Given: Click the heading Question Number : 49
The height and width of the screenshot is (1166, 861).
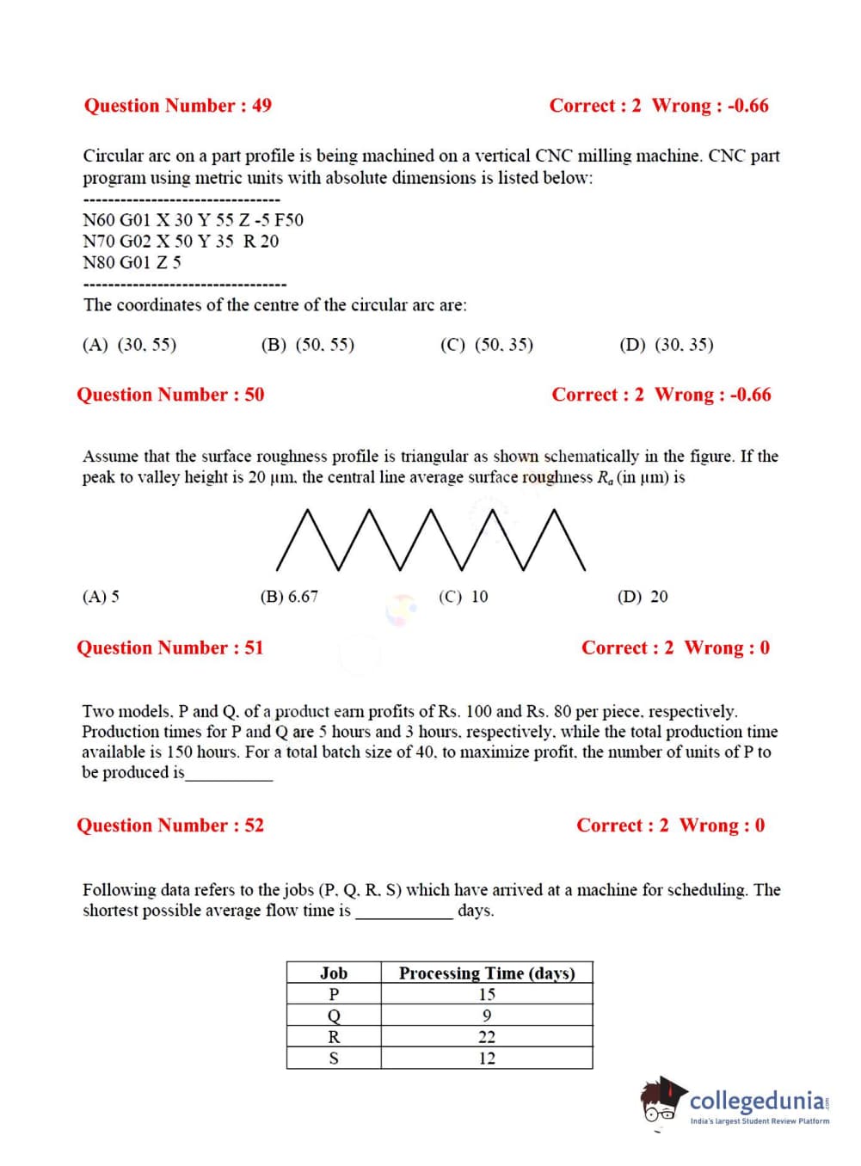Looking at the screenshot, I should pos(177,106).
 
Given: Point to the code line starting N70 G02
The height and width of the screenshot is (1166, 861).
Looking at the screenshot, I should pos(181,241).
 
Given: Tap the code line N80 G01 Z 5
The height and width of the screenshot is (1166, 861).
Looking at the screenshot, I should pos(132,262).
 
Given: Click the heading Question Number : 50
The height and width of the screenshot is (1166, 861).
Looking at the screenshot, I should pos(170,395).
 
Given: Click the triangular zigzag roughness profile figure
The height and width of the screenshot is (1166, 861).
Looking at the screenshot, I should pos(431,540).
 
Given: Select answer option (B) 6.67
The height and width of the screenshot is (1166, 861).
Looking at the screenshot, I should pos(289,597).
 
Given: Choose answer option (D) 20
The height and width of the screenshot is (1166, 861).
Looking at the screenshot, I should pos(642,597).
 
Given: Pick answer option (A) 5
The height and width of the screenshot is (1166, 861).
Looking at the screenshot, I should pos(101,597).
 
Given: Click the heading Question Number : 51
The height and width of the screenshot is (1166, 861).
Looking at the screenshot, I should pos(170,647).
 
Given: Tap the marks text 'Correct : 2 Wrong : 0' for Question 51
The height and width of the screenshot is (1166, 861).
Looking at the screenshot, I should pos(675,647).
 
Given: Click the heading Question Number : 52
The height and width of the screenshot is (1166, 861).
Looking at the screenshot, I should pos(170,825).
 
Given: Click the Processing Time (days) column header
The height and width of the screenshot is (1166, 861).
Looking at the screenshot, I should pos(487,973).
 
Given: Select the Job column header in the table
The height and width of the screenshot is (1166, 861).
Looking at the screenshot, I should pos(334,973).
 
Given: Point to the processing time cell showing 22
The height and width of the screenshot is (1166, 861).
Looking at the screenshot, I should pos(487,1037).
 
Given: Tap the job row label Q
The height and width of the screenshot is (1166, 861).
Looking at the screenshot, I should pos(334,1016).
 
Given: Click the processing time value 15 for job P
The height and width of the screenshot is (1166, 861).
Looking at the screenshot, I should pos(487,994).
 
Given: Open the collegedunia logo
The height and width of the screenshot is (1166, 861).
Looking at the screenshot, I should pos(736,1102).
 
